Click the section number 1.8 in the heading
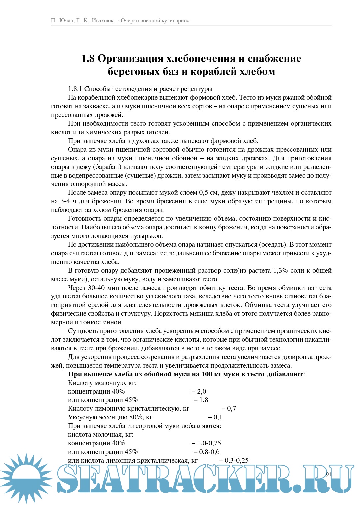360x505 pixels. click(x=88, y=59)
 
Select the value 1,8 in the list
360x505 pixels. click(x=203, y=400)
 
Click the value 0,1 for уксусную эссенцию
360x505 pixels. click(x=217, y=417)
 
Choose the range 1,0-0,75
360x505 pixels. click(x=209, y=443)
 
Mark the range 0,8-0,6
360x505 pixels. click(x=209, y=452)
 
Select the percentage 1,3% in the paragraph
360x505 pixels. click(x=280, y=271)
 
